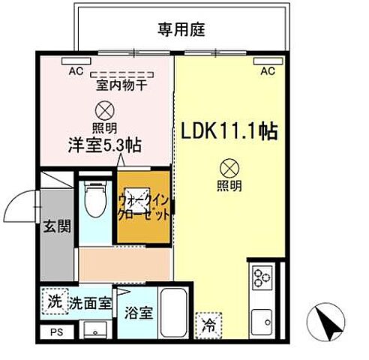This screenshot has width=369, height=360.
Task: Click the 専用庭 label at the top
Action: tap(181, 31)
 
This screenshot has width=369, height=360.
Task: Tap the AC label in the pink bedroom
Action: tap(75, 72)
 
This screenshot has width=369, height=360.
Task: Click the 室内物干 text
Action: tap(121, 85)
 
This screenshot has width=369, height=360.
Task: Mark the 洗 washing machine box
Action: tap(53, 302)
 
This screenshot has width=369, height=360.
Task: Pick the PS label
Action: tap(54, 331)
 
